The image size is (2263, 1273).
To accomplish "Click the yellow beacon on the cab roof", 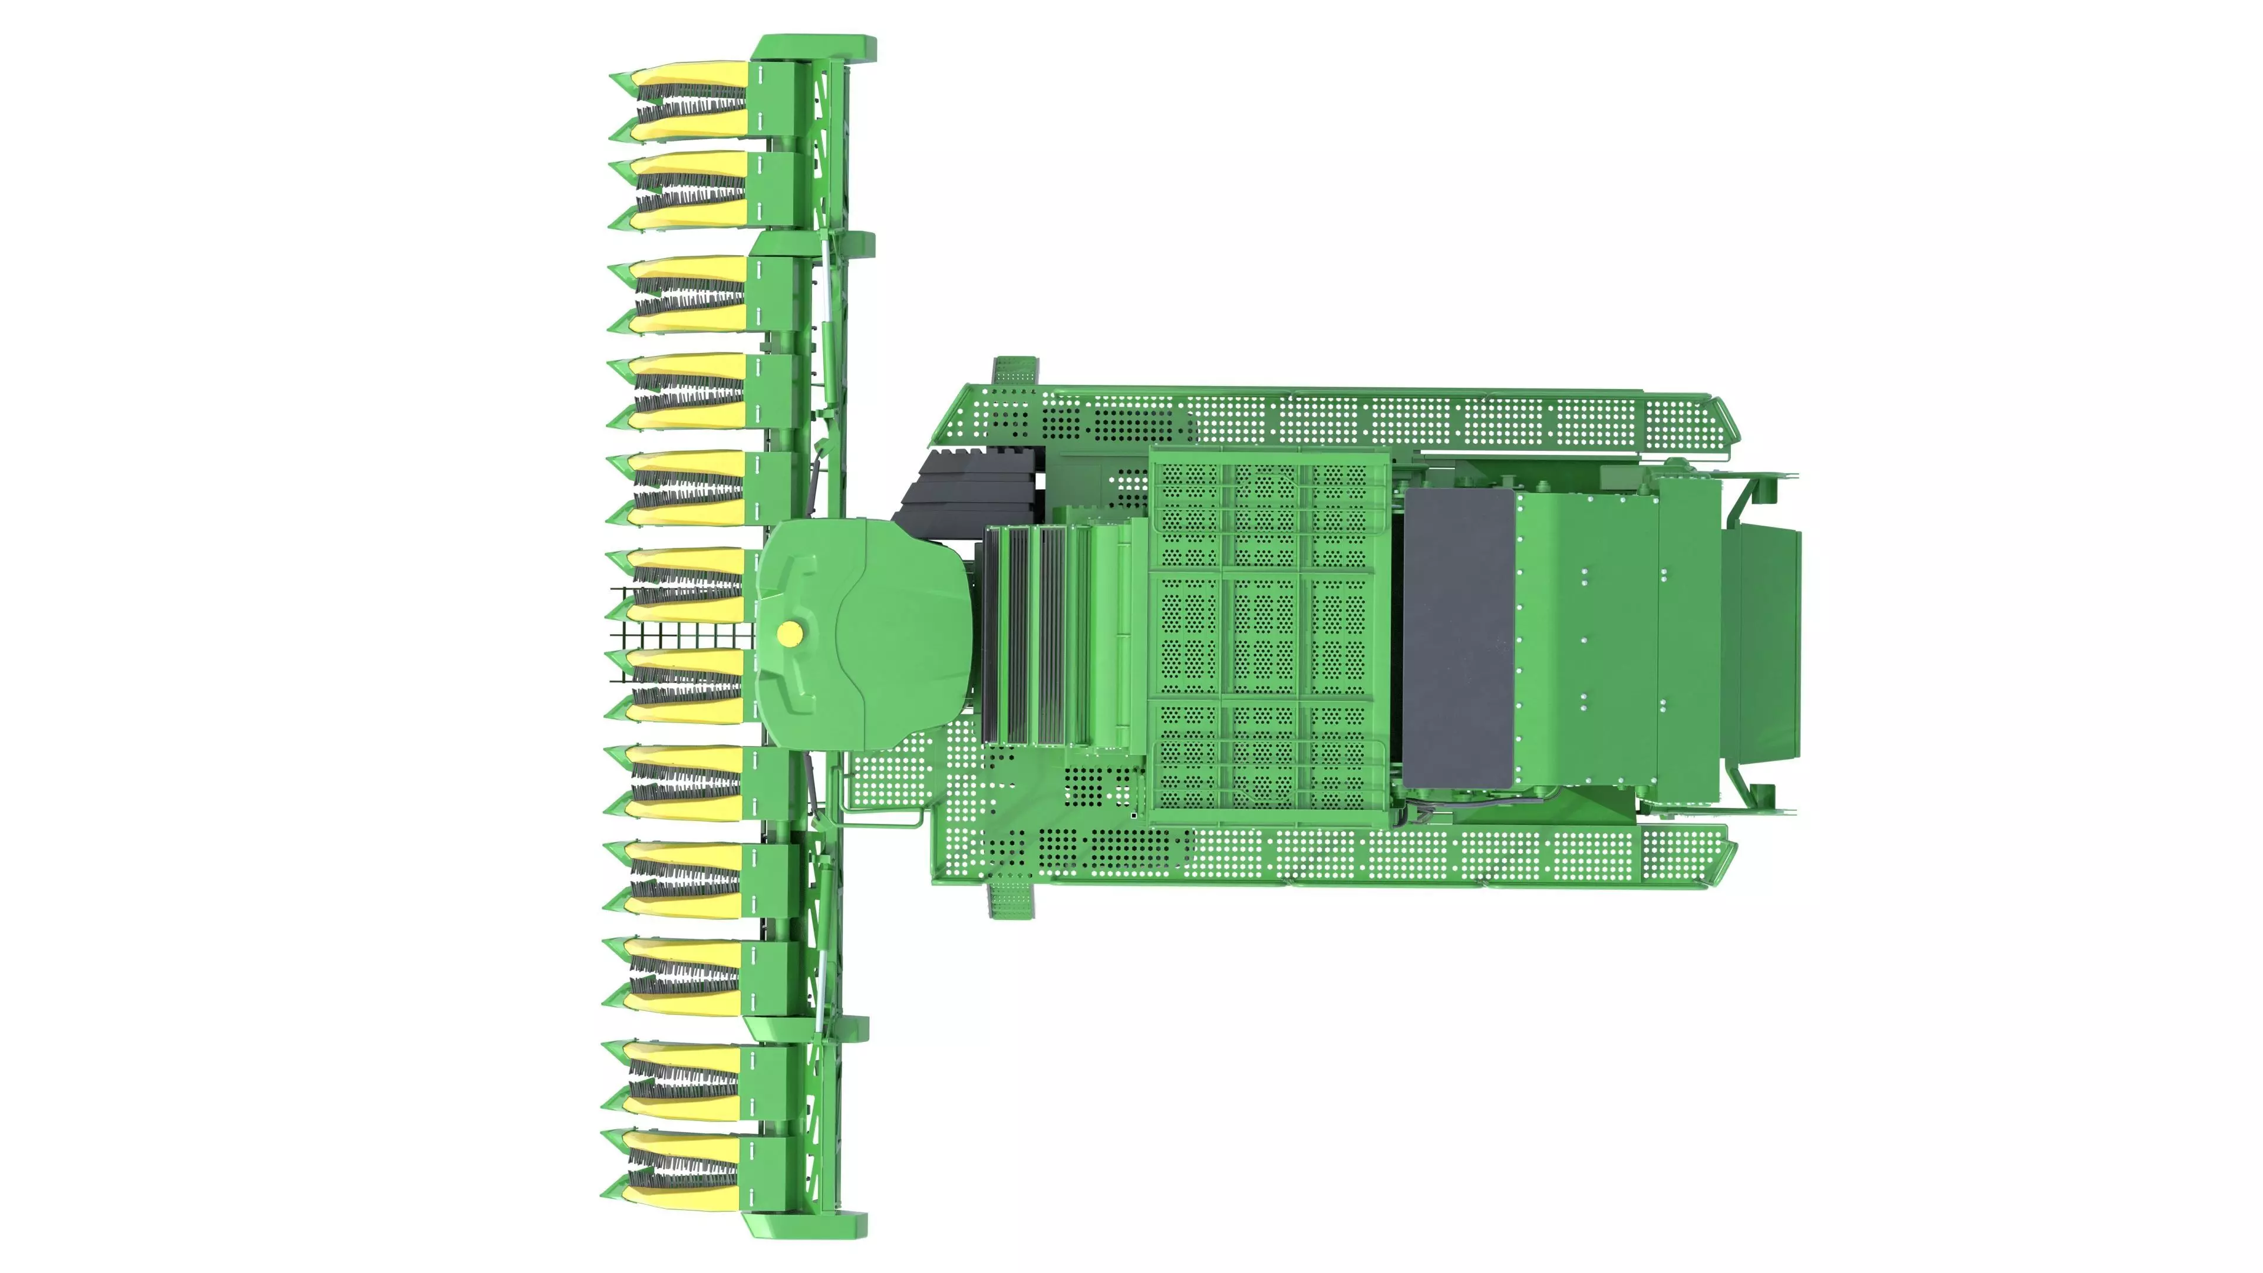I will click(x=790, y=632).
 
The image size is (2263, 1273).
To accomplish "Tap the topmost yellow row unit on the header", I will click(x=690, y=101).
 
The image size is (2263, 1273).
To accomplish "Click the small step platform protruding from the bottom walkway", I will click(x=1012, y=901).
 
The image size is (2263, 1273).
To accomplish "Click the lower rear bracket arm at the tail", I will click(x=1757, y=791).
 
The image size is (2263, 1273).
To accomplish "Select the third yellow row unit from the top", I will click(x=690, y=294).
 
